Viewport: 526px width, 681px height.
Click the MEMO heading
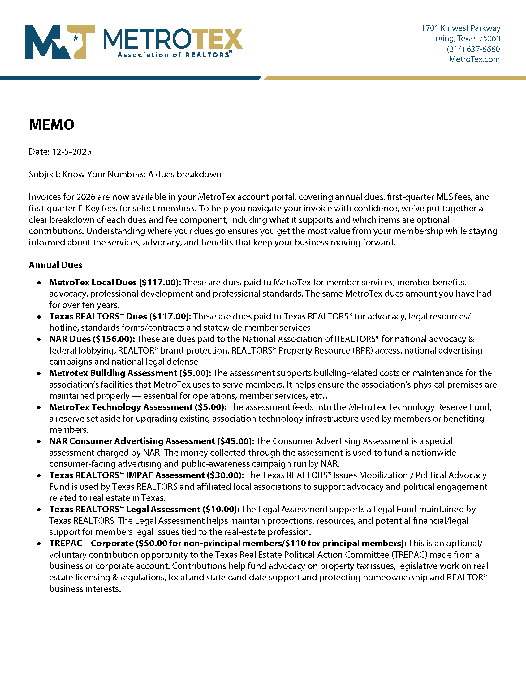pyautogui.click(x=51, y=125)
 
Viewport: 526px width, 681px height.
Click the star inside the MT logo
pyautogui.click(x=75, y=38)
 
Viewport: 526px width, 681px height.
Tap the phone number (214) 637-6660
pyautogui.click(x=473, y=49)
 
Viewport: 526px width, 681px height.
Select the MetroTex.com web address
pyautogui.click(x=474, y=59)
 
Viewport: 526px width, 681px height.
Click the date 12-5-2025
pyautogui.click(x=71, y=152)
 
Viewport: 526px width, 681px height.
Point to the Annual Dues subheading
pyautogui.click(x=55, y=265)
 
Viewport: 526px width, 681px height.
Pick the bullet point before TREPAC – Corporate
pyautogui.click(x=39, y=544)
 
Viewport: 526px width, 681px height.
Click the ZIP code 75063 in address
pyautogui.click(x=489, y=38)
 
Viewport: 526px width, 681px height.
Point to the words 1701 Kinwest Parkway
pyautogui.click(x=461, y=28)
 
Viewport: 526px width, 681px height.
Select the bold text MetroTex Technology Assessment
pyautogui.click(x=121, y=407)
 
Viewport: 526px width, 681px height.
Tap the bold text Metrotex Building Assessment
pyautogui.click(x=113, y=373)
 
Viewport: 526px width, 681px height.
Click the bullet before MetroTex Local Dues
pyautogui.click(x=39, y=283)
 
